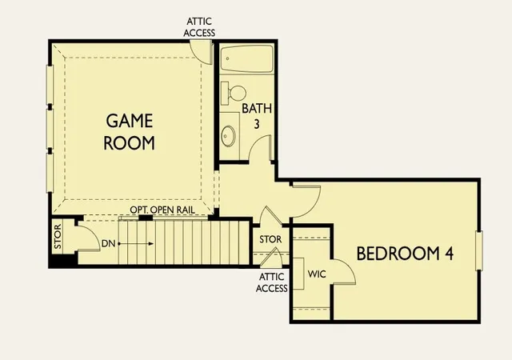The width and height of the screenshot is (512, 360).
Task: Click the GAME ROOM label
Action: pyautogui.click(x=130, y=132)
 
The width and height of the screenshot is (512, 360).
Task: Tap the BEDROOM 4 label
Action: pyautogui.click(x=405, y=253)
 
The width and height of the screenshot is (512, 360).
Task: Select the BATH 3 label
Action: pyautogui.click(x=257, y=116)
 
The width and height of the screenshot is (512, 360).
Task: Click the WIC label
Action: pyautogui.click(x=317, y=274)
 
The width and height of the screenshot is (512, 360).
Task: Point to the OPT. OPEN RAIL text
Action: pyautogui.click(x=162, y=210)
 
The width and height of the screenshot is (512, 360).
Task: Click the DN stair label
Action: pyautogui.click(x=109, y=243)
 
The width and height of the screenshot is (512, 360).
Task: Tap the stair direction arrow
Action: pyautogui.click(x=135, y=244)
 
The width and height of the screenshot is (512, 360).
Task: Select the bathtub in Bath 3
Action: pyautogui.click(x=247, y=59)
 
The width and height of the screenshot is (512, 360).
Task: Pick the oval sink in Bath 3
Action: pyautogui.click(x=228, y=135)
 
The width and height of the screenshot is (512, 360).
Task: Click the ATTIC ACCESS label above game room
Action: pyautogui.click(x=199, y=27)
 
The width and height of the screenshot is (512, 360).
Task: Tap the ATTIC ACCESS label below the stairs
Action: pyautogui.click(x=272, y=282)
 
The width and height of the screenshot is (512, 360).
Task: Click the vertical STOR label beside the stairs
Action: pyautogui.click(x=58, y=236)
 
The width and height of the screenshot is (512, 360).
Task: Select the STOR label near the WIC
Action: pyautogui.click(x=270, y=239)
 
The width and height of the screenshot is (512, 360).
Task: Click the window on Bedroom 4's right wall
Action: pyautogui.click(x=479, y=250)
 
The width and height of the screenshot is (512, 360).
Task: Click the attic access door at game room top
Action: pyautogui.click(x=202, y=52)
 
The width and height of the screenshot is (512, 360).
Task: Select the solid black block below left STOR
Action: pyautogui.click(x=63, y=260)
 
